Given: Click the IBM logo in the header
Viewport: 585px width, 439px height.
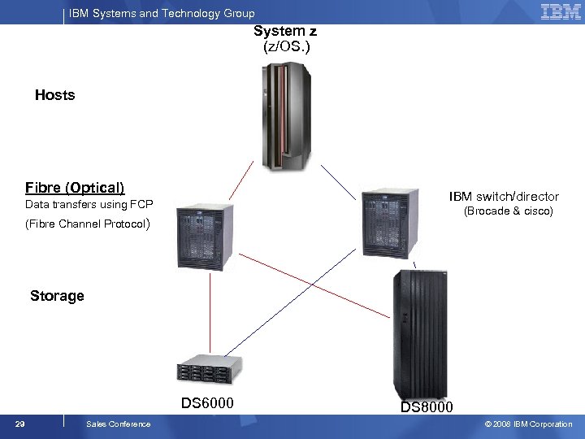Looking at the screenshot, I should coord(561,11).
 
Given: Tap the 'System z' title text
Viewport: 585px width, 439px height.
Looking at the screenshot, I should coord(285,32).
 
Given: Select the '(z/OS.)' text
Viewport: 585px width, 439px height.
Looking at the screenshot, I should coord(286,46).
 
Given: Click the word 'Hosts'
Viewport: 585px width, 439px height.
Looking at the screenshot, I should coord(54,95).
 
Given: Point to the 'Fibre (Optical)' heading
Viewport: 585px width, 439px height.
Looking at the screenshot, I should coord(75,187).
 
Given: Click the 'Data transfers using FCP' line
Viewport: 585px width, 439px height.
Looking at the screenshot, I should coord(89,204).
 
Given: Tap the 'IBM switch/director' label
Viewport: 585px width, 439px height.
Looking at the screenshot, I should coord(504,196).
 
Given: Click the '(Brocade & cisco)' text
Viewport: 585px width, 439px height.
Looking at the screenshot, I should coord(508,211).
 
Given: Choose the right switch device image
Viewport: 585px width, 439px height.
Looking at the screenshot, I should coord(390,219).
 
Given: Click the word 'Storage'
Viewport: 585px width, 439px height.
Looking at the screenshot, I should coord(57,296).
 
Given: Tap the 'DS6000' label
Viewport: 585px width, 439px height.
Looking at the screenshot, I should coord(207,403).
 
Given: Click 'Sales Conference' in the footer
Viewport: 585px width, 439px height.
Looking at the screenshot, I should coord(118,424).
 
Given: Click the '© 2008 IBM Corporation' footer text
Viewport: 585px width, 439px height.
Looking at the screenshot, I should coord(528,424).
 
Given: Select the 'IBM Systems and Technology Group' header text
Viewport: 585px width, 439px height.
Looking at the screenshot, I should coord(162,13).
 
